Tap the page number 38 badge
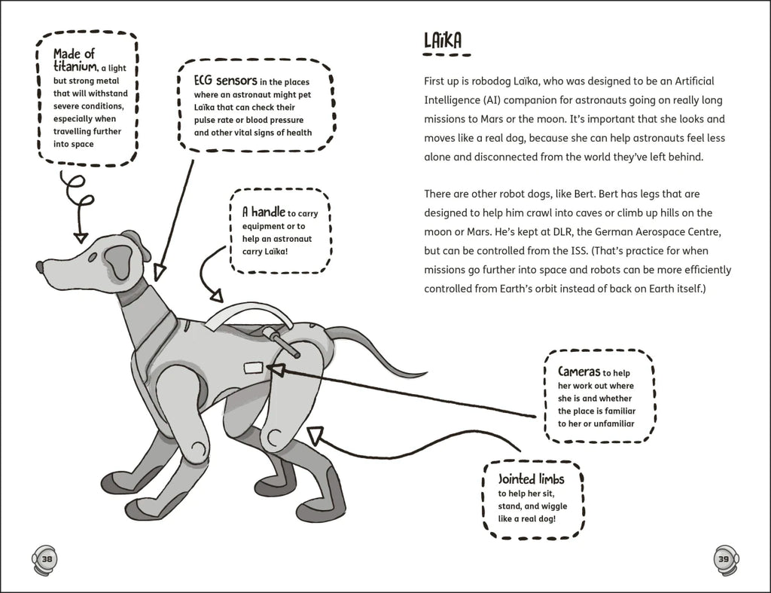(46, 558)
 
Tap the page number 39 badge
(724, 558)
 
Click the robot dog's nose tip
(40, 266)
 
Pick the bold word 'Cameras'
(578, 371)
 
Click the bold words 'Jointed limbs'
(530, 479)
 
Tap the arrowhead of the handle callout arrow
(215, 297)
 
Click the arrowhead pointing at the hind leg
(315, 435)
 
